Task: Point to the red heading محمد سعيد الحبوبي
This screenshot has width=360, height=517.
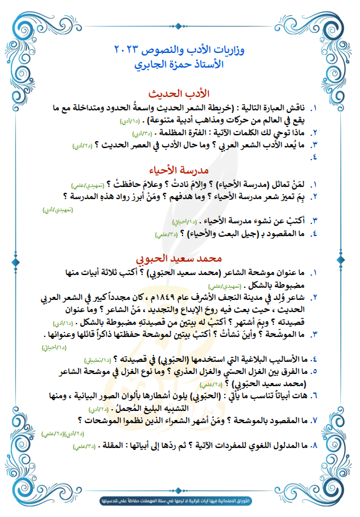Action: [179, 260]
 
